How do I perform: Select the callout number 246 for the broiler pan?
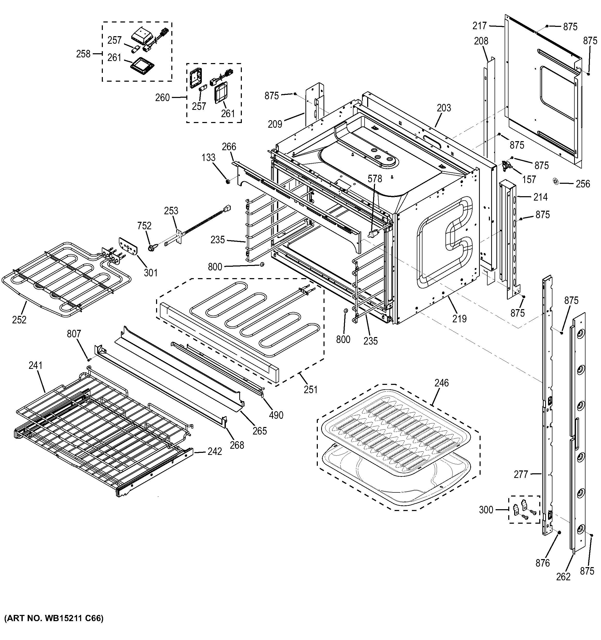(441, 383)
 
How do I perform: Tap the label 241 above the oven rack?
(35, 365)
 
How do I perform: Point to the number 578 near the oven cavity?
(375, 178)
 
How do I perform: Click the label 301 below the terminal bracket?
(151, 273)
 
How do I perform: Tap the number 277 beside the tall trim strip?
(521, 474)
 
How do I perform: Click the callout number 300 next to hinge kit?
(486, 510)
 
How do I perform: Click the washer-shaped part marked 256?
(555, 181)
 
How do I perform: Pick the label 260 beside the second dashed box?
(162, 97)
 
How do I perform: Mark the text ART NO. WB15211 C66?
(54, 619)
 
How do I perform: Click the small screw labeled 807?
(89, 359)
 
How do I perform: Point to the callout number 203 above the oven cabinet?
(444, 108)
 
